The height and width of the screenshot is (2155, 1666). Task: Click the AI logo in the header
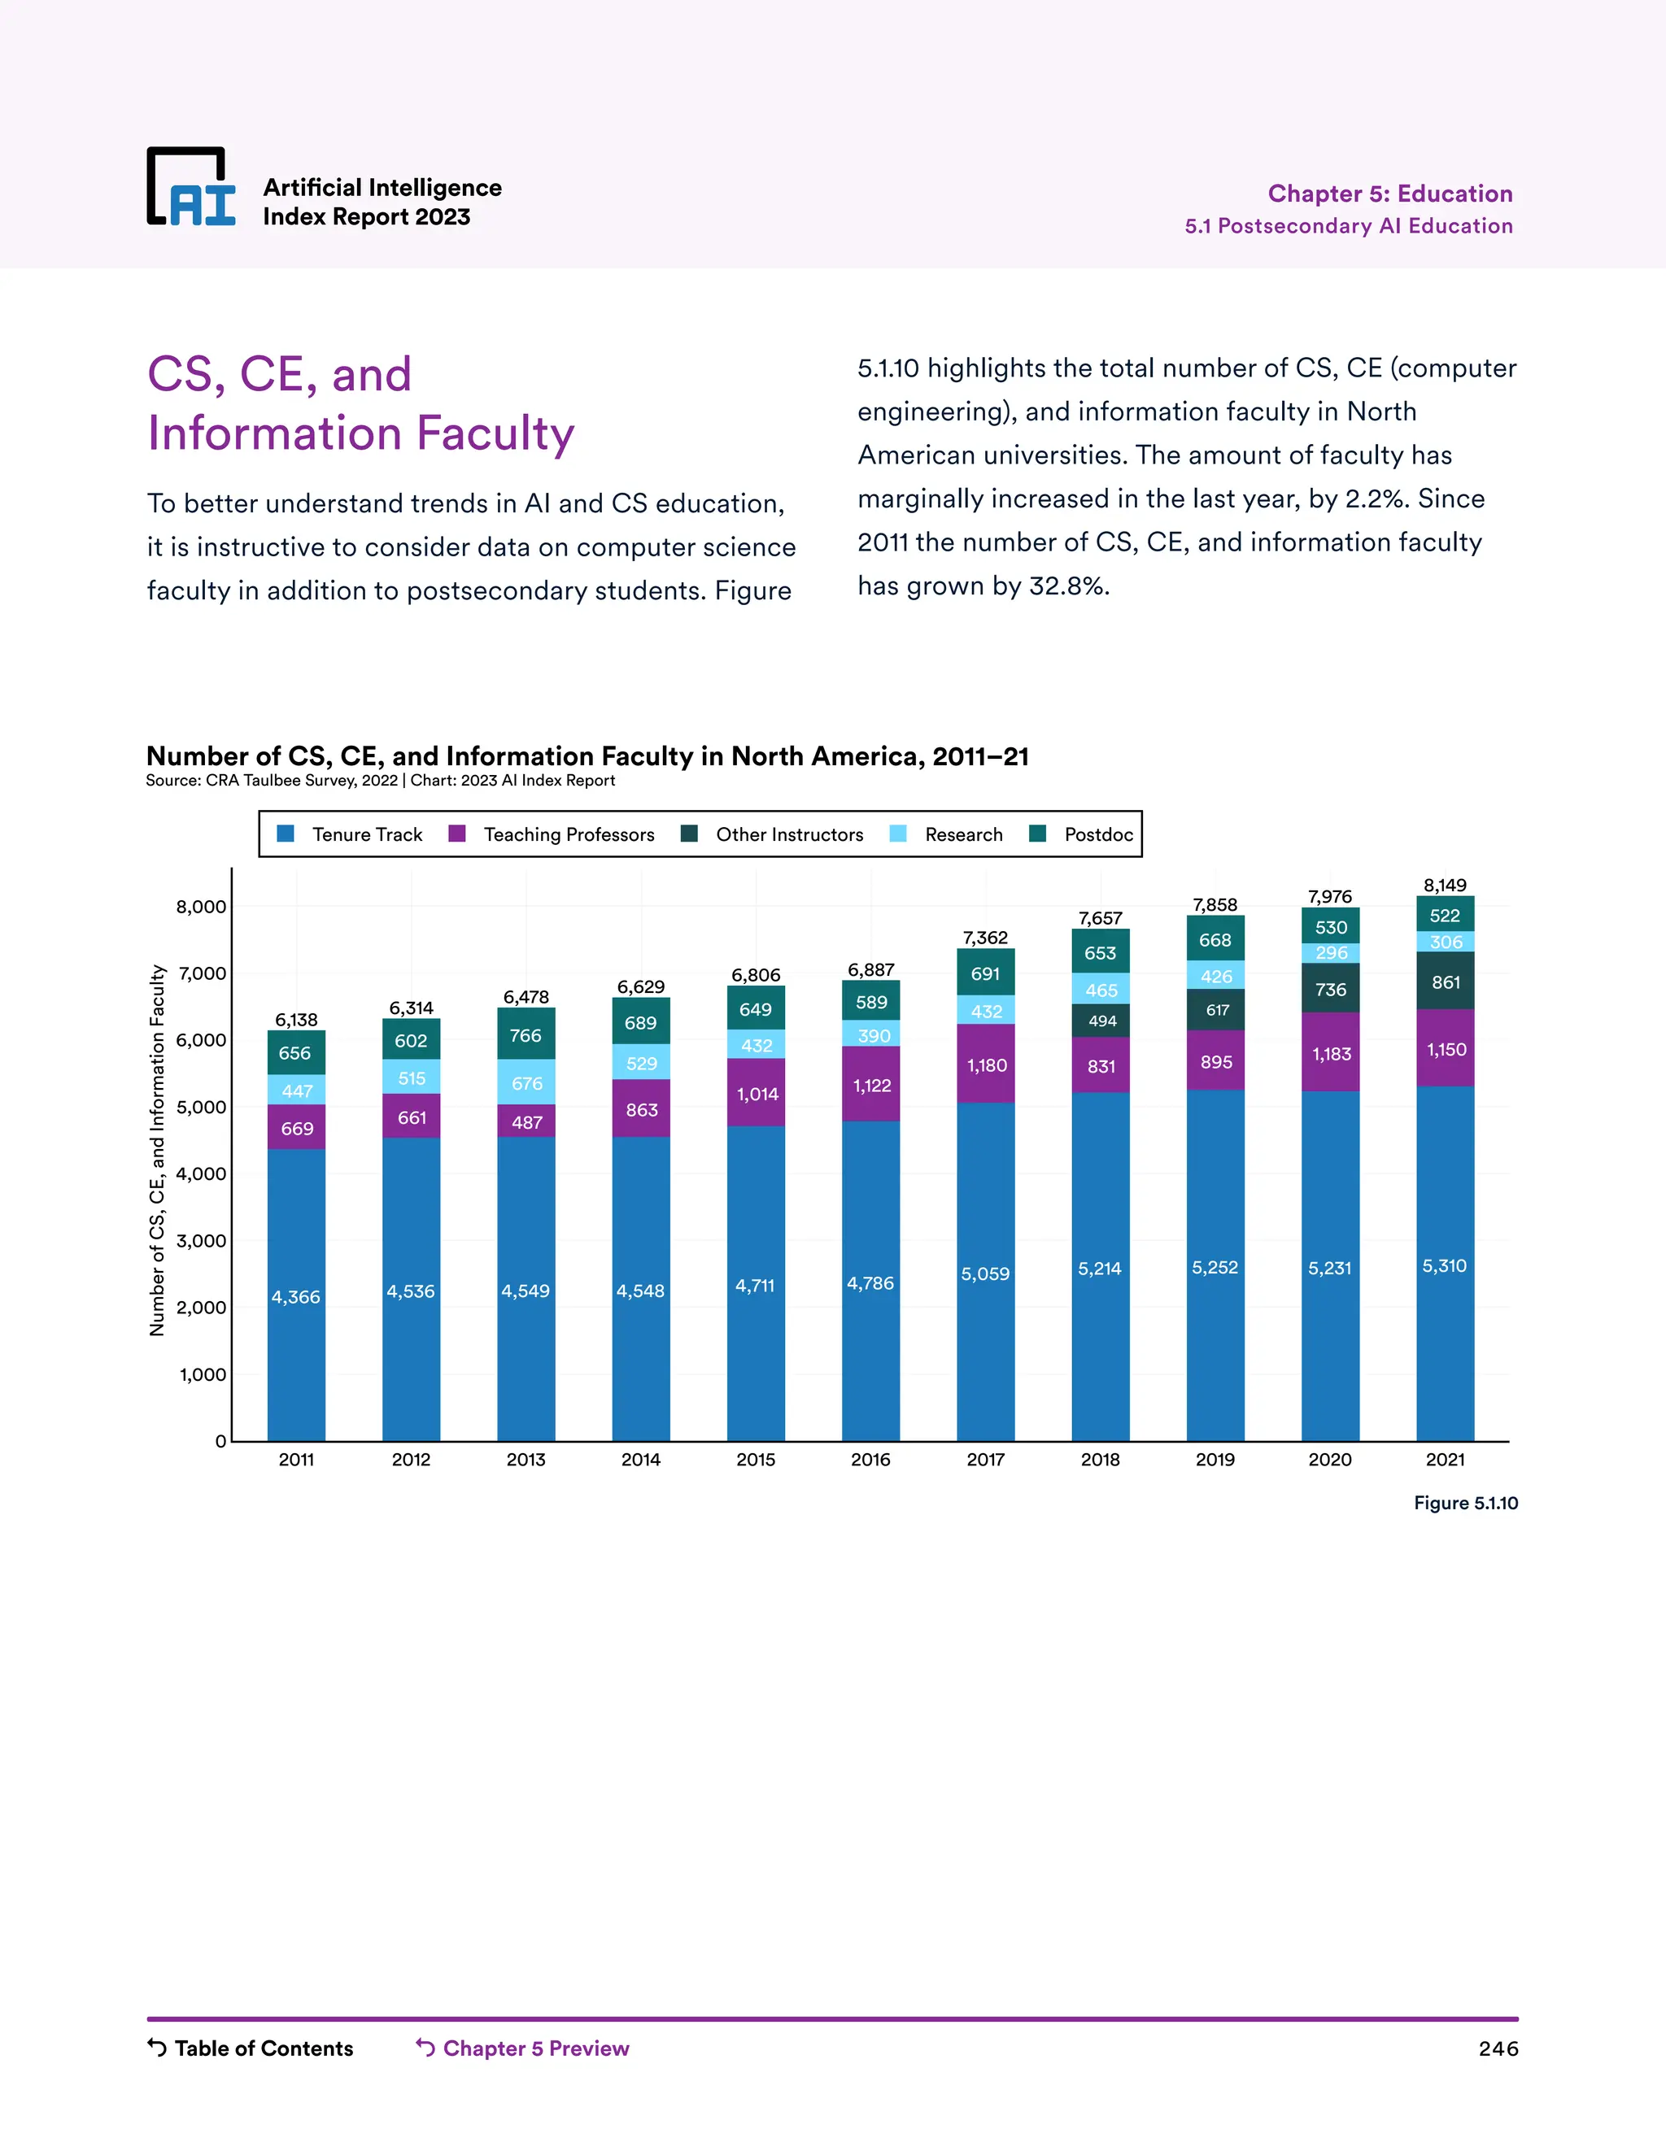point(191,188)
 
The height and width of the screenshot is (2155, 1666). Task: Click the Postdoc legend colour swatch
point(1037,834)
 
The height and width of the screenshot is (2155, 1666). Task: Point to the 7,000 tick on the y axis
point(202,974)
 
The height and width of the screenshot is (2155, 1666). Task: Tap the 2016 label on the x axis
point(870,1460)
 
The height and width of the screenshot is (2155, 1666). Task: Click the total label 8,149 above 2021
point(1445,885)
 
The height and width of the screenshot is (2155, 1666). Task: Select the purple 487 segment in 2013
point(526,1122)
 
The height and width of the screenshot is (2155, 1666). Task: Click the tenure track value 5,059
point(985,1273)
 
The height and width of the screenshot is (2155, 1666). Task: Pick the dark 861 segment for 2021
point(1445,982)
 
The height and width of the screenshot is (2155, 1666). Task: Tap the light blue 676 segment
point(526,1083)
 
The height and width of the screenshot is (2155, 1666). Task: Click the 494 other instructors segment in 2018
point(1101,1021)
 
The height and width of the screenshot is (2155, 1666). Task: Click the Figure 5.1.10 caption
point(1466,1503)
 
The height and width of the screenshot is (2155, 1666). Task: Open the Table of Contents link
point(263,2048)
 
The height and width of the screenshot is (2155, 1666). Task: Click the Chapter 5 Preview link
point(535,2048)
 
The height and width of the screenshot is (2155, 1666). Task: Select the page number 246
point(1498,2048)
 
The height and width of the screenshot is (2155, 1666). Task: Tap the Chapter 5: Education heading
point(1389,194)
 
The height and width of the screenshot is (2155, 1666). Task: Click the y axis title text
point(157,1151)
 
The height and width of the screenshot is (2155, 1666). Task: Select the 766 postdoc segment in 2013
point(526,1035)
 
